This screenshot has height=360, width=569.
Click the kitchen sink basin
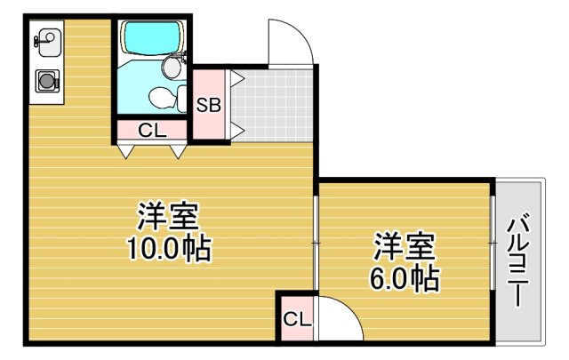click(x=46, y=39)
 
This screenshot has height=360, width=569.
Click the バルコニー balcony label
click(x=518, y=261)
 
